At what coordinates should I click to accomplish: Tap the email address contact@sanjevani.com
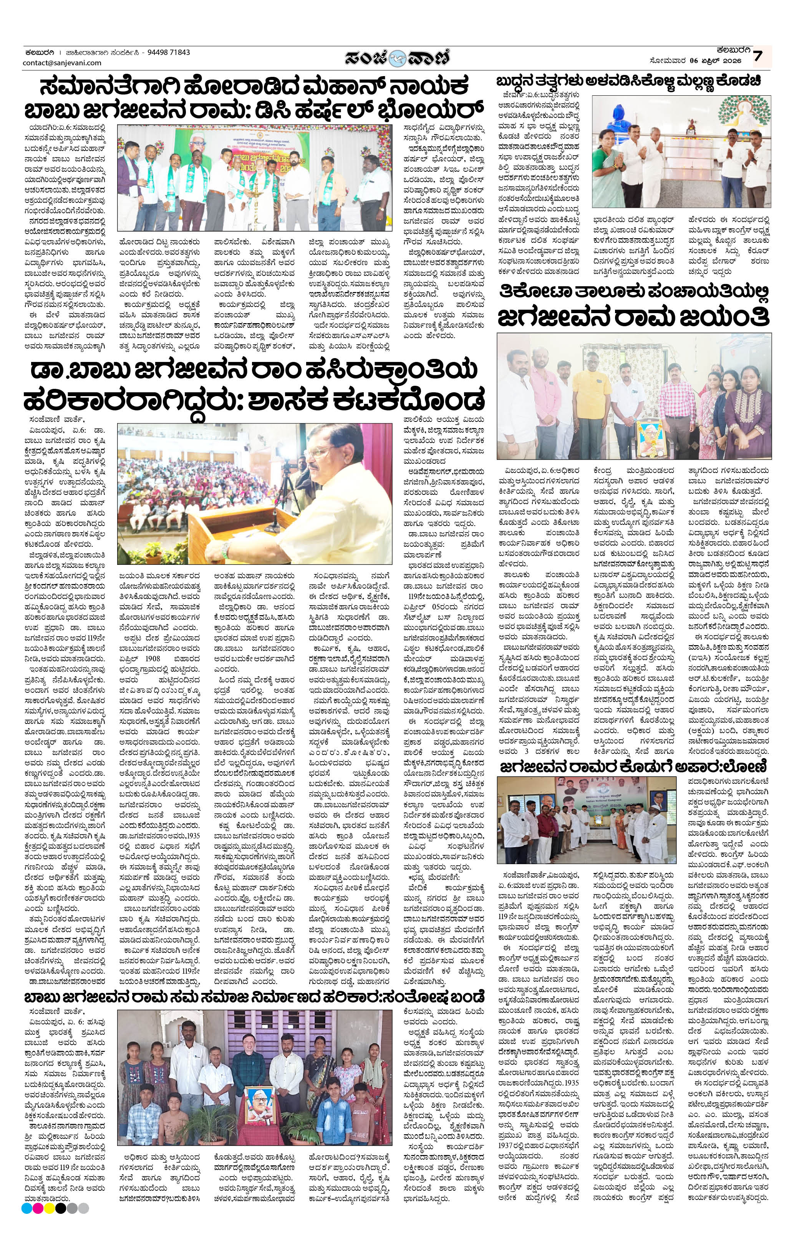(x=62, y=63)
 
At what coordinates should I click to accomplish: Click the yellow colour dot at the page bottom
(x=50, y=1233)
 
